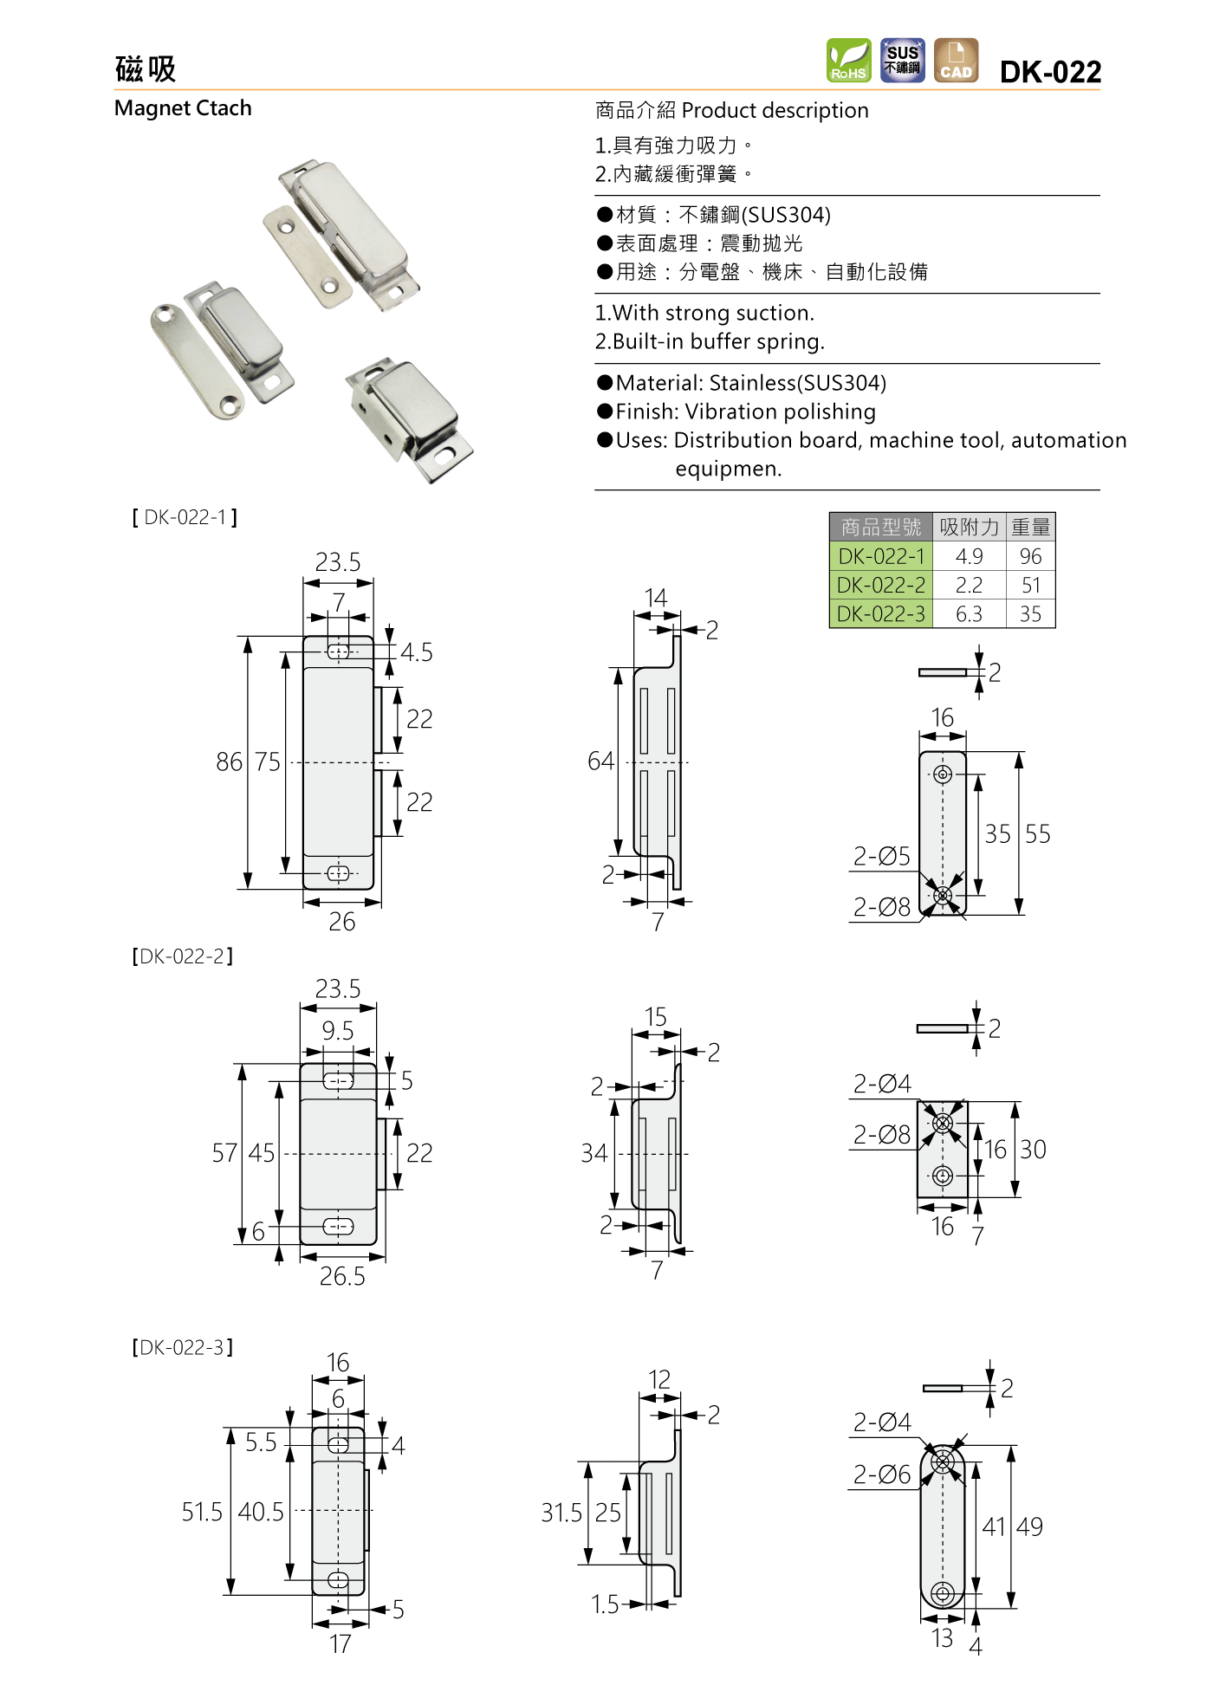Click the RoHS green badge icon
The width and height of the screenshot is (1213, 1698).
coord(848,61)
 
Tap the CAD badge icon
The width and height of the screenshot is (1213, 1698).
coord(956,61)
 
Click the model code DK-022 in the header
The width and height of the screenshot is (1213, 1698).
coord(1050,72)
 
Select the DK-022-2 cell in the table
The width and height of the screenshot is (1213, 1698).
coord(880,586)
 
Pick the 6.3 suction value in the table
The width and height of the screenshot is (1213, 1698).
coord(969,614)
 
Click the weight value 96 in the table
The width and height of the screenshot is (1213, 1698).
coord(1030,556)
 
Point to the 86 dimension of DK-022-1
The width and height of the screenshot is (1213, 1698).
coord(229,762)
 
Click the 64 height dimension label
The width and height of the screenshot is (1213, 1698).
coord(600,762)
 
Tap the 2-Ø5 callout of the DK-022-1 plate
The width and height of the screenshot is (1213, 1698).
coord(881,857)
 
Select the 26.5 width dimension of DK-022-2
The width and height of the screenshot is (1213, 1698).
coord(342,1277)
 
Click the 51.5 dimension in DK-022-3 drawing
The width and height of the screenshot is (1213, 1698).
coord(202,1513)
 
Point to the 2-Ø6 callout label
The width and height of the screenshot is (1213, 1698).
coord(881,1475)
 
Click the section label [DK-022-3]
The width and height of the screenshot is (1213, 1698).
coord(183,1348)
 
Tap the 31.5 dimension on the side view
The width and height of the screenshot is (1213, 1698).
coord(561,1513)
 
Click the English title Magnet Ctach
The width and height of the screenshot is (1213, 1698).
coord(183,108)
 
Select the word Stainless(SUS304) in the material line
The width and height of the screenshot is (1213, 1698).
coord(797,383)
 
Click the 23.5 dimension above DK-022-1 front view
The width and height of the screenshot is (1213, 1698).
coord(338,563)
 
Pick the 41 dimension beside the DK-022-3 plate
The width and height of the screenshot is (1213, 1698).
coord(993,1526)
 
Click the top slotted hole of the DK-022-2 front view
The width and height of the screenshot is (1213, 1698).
coord(339,1081)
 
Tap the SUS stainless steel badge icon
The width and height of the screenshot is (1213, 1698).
coord(902,61)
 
